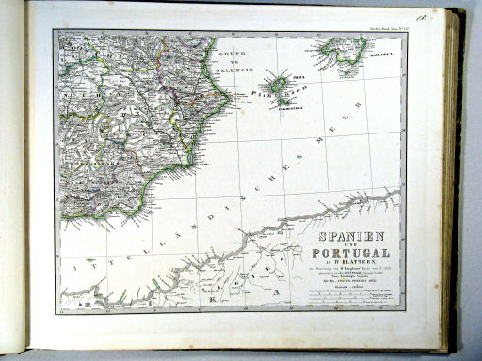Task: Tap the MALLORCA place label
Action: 385,68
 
